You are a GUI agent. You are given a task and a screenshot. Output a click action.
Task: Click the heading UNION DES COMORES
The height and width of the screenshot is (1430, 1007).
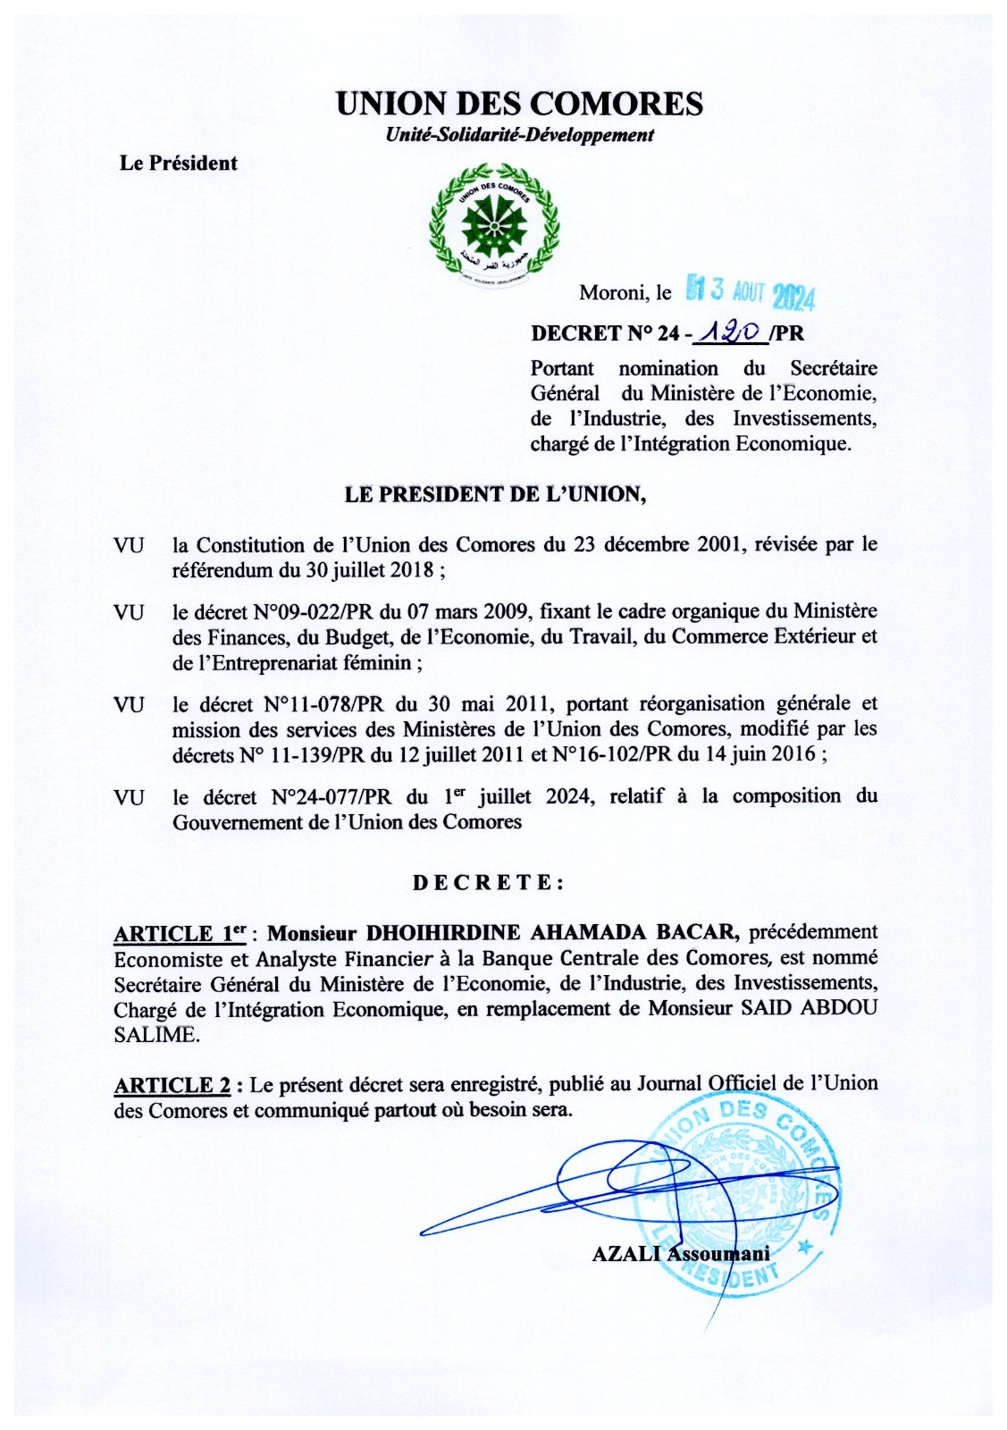[519, 105]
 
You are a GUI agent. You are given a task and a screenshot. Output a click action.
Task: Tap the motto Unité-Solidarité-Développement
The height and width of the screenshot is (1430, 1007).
[519, 136]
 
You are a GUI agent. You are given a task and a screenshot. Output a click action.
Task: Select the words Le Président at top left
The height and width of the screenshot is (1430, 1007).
[179, 164]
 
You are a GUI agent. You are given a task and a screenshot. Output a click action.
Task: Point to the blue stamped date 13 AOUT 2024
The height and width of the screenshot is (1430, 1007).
[751, 293]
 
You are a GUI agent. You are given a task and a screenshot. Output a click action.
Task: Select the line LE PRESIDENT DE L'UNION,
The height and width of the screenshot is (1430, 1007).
[495, 494]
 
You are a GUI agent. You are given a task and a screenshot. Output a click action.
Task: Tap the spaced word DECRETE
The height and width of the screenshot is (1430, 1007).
[488, 883]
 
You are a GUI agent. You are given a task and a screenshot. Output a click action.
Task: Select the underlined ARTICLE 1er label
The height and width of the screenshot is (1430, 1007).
[180, 934]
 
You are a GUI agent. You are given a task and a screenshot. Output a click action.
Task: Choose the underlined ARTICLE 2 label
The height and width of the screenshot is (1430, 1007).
[173, 1086]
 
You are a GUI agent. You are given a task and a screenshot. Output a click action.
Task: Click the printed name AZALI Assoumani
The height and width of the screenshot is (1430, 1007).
[680, 1254]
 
